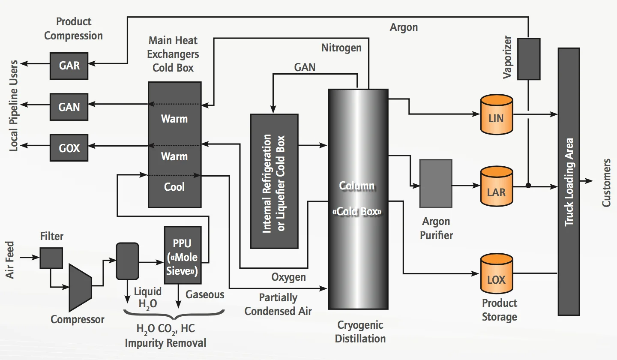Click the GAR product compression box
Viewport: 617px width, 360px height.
click(x=69, y=66)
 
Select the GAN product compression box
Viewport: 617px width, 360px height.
click(x=69, y=106)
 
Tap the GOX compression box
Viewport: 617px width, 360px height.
click(x=69, y=148)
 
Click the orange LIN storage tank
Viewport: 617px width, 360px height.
click(x=496, y=115)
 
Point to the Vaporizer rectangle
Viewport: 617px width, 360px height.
click(x=529, y=59)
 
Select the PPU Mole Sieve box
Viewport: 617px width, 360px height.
click(x=183, y=255)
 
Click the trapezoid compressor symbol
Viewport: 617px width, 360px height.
click(x=80, y=288)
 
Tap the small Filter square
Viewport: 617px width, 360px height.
click(x=51, y=258)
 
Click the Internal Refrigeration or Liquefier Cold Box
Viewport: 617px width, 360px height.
click(x=274, y=181)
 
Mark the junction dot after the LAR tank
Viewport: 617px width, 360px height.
click(x=528, y=186)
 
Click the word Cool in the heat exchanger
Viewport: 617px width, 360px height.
click(x=174, y=187)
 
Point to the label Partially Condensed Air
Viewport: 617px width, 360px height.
click(x=278, y=304)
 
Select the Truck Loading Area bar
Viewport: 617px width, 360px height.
click(x=569, y=181)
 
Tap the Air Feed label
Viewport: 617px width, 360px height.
click(x=11, y=261)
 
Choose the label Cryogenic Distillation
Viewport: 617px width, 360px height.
click(x=360, y=332)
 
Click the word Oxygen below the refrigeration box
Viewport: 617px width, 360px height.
click(x=289, y=277)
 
